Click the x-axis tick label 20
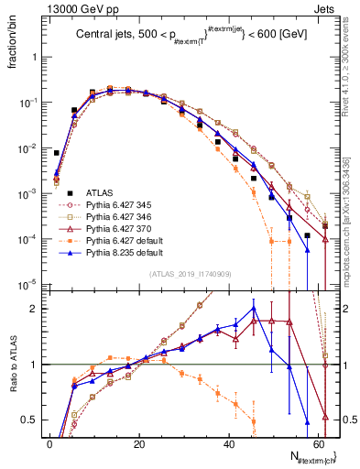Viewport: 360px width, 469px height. (139, 443)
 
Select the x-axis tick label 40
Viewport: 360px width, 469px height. (230, 443)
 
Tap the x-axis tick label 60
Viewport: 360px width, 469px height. (320, 443)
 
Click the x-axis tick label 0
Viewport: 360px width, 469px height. (49, 443)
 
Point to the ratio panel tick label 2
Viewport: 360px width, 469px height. (35, 309)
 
